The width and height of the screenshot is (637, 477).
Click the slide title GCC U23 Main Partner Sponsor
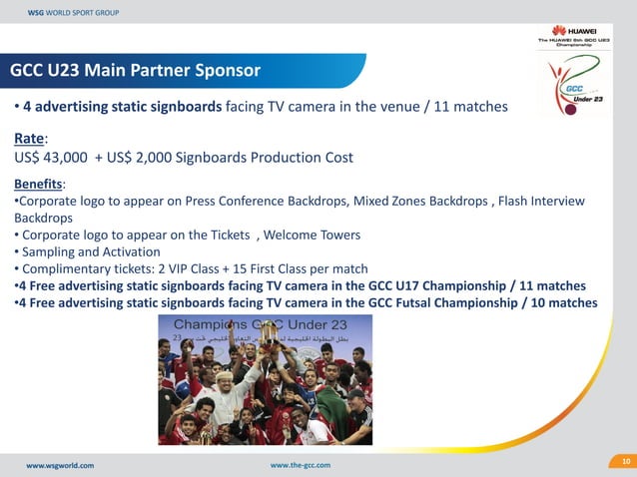[x=135, y=71]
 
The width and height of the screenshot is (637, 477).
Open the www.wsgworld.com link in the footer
[x=60, y=465]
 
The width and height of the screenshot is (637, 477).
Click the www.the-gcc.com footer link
[x=301, y=465]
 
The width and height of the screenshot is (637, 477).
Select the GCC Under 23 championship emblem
[x=570, y=85]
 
